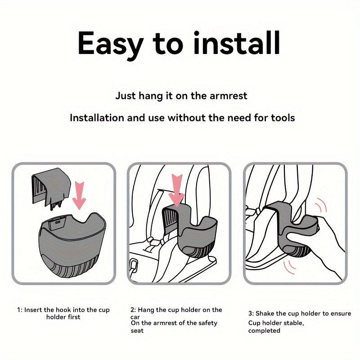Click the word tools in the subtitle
click(x=283, y=118)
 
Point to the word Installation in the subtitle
click(x=97, y=118)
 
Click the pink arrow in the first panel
click(x=79, y=195)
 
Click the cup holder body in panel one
click(x=72, y=245)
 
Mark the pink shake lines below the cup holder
click(x=289, y=267)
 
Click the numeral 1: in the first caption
click(x=20, y=310)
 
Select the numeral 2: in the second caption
click(x=133, y=310)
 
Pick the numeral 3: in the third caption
click(x=251, y=314)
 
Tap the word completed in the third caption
click(x=264, y=331)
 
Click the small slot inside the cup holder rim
click(x=58, y=222)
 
